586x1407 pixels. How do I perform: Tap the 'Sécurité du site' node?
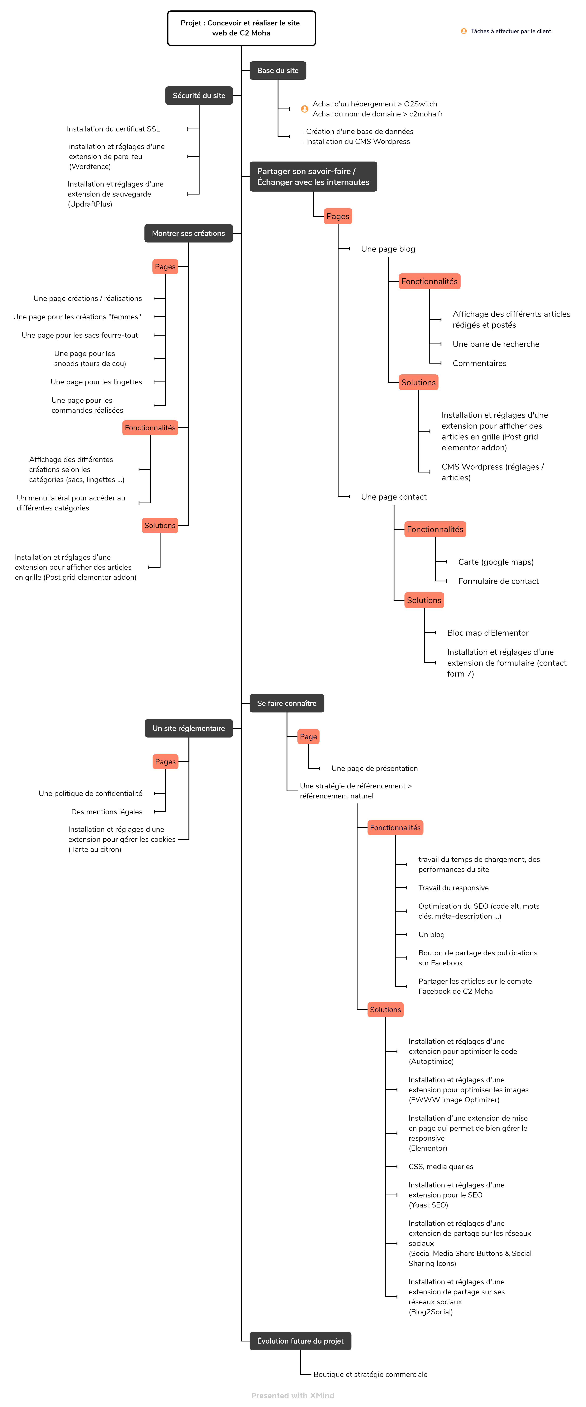click(x=199, y=96)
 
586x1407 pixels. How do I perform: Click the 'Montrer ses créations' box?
click(x=188, y=233)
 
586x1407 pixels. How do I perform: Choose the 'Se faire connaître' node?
click(x=287, y=703)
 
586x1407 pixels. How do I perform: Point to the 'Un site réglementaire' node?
click(x=188, y=728)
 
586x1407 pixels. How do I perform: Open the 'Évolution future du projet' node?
click(x=300, y=1341)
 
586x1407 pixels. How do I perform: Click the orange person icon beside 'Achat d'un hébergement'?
click(x=305, y=109)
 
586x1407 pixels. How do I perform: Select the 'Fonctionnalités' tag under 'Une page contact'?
click(x=435, y=529)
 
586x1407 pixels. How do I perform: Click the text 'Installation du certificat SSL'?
click(x=114, y=129)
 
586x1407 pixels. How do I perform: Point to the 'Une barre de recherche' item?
click(x=496, y=344)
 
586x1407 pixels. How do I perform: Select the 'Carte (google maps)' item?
click(x=496, y=562)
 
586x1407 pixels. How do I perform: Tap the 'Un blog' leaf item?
click(x=431, y=935)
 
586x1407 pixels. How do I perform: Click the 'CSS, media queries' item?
click(x=441, y=1167)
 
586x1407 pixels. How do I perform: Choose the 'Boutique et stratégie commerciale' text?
click(x=370, y=1374)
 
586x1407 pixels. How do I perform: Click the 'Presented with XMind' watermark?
click(x=293, y=1396)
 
